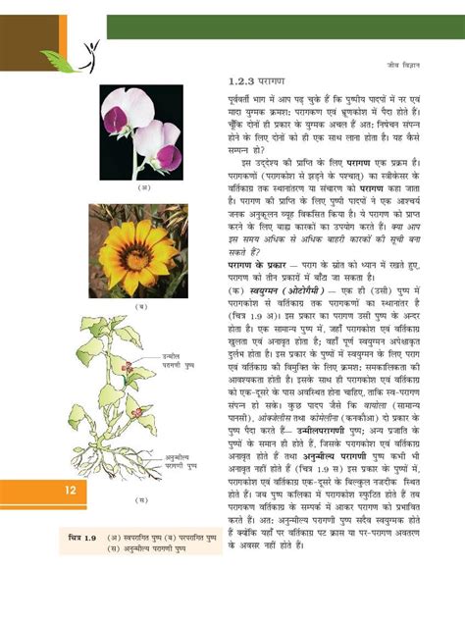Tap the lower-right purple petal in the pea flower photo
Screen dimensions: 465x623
[x=169, y=156]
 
